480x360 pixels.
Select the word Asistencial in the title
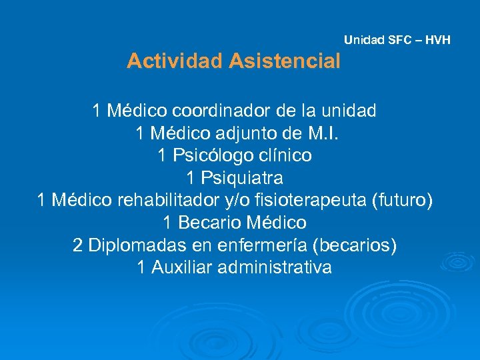tap(285, 61)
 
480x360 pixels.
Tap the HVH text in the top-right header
tap(437, 40)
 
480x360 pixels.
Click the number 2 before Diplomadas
tap(77, 245)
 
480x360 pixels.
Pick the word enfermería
tap(261, 245)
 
